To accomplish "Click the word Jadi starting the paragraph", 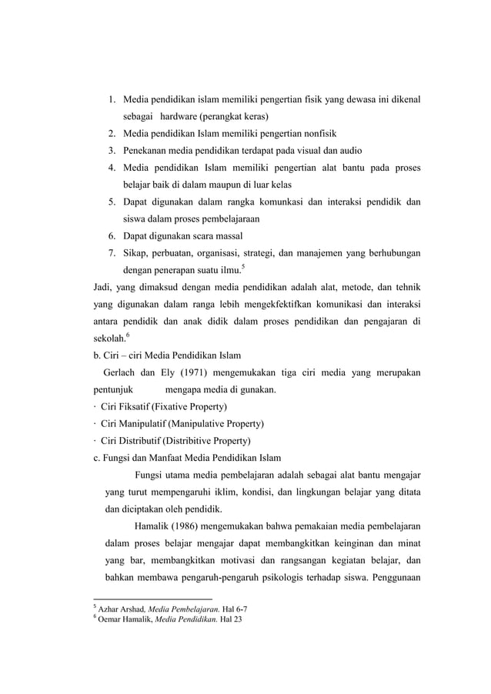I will [102, 289].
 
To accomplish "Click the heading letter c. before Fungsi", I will [95, 459].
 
